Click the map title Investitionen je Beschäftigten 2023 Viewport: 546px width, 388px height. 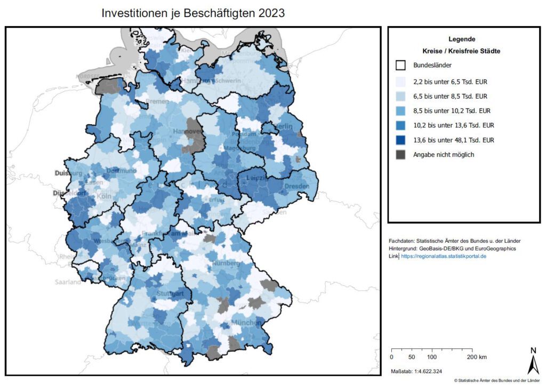(193, 13)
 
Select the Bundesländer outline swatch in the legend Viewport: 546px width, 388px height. (402, 66)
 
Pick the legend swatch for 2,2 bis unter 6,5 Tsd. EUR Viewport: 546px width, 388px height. (402, 82)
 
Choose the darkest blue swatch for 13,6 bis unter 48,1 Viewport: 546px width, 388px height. (402, 140)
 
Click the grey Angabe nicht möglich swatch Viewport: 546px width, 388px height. (402, 155)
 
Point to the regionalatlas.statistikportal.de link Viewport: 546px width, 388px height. (444, 256)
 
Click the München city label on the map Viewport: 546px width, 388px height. (246, 323)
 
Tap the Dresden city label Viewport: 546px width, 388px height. (296, 185)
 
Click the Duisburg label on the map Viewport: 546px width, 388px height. (68, 173)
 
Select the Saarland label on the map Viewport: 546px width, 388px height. (67, 281)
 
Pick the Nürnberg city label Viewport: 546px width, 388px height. (226, 264)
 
